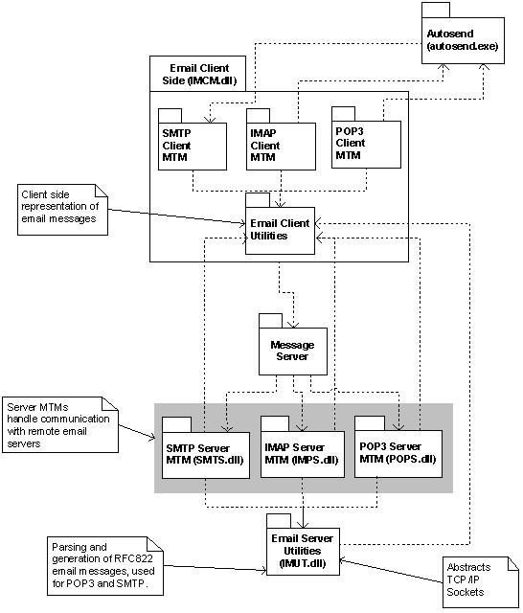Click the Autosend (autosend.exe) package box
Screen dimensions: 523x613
[x=463, y=40]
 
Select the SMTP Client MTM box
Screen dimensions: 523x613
[x=193, y=147]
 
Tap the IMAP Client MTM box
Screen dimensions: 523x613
[x=281, y=147]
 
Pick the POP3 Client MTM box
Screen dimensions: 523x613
[x=366, y=145]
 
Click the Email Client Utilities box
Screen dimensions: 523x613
[x=280, y=230]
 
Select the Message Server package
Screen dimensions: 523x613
[x=293, y=352]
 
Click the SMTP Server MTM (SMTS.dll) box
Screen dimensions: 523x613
[x=206, y=455]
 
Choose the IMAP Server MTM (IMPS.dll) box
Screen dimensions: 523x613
[x=303, y=454]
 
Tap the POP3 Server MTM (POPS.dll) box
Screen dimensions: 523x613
[x=398, y=453]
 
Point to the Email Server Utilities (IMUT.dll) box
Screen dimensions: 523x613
[x=303, y=552]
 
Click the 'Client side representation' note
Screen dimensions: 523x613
[x=62, y=210]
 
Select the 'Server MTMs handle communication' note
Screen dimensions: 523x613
[x=60, y=425]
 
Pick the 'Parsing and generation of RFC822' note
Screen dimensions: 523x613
[x=105, y=566]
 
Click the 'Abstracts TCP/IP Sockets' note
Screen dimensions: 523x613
[x=481, y=582]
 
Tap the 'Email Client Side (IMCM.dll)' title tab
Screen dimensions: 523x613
[x=197, y=74]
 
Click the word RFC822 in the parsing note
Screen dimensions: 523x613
[x=133, y=558]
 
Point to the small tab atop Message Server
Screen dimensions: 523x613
[x=270, y=321]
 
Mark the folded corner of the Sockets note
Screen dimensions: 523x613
[x=512, y=563]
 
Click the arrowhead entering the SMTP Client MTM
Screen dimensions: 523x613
[x=211, y=119]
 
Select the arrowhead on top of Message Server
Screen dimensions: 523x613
[x=293, y=325]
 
